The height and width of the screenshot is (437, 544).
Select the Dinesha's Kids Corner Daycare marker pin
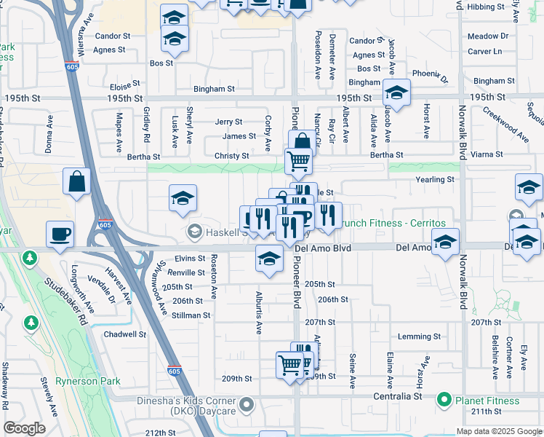click(247, 403)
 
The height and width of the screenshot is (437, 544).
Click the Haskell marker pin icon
click(194, 232)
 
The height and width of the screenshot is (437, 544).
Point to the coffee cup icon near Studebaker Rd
click(60, 234)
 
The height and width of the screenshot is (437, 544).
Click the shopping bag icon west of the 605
click(76, 182)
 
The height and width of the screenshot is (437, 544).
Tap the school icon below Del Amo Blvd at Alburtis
click(269, 259)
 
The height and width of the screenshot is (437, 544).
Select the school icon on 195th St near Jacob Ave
click(396, 92)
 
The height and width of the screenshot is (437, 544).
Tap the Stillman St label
click(191, 315)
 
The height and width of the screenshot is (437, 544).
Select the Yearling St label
click(435, 179)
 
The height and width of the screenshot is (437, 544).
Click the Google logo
click(24, 428)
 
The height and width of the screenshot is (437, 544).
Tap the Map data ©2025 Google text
click(499, 431)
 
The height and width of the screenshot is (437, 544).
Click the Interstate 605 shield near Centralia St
click(175, 371)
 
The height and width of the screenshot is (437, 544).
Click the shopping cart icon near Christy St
click(298, 161)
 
